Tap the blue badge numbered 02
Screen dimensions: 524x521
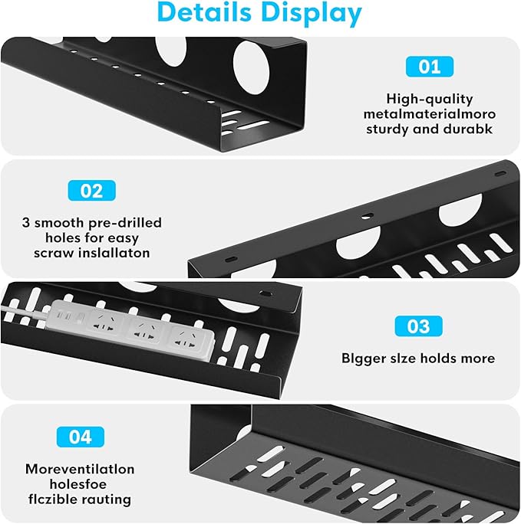tap(91, 190)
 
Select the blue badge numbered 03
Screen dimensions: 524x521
tap(418, 326)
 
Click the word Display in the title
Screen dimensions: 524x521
tap(315, 14)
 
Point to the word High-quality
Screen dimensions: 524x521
tap(429, 99)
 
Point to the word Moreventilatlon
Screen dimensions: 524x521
tap(80, 468)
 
